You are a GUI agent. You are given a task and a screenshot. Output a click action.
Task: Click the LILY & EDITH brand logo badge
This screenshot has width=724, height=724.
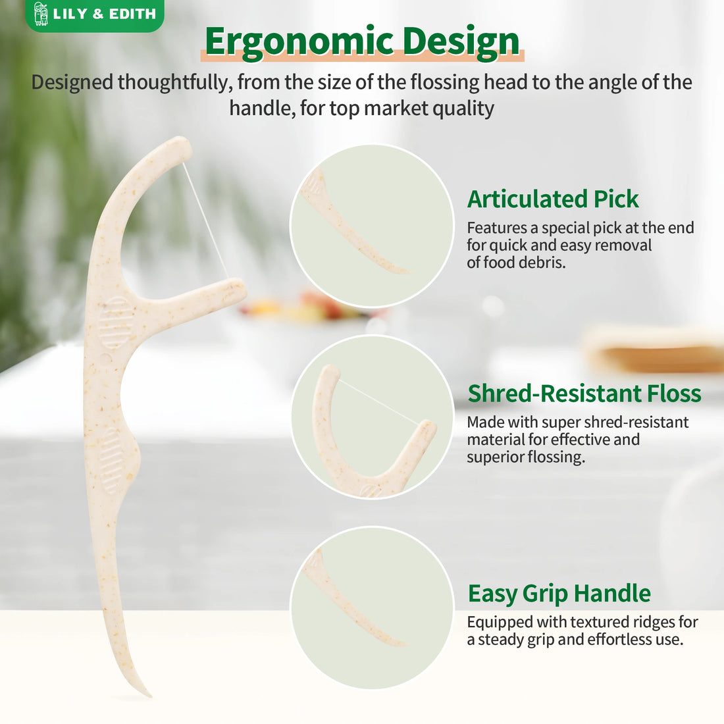(x=94, y=14)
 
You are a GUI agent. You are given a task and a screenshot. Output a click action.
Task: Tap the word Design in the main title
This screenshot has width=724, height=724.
(x=461, y=41)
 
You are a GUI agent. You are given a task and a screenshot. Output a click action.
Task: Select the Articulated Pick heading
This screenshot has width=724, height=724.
(x=553, y=199)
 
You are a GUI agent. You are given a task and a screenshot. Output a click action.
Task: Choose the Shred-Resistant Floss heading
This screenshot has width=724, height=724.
(x=584, y=393)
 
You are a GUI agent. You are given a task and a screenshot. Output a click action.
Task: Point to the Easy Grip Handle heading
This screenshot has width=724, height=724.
(x=559, y=593)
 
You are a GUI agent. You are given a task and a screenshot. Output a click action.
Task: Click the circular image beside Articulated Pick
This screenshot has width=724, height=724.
(x=372, y=226)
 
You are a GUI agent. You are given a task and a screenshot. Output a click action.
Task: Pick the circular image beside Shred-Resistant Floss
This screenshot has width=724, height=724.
(x=372, y=417)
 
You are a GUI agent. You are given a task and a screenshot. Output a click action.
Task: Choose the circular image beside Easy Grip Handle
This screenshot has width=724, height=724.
(x=372, y=608)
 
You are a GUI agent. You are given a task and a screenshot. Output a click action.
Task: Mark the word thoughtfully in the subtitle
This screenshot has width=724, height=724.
(x=174, y=82)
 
